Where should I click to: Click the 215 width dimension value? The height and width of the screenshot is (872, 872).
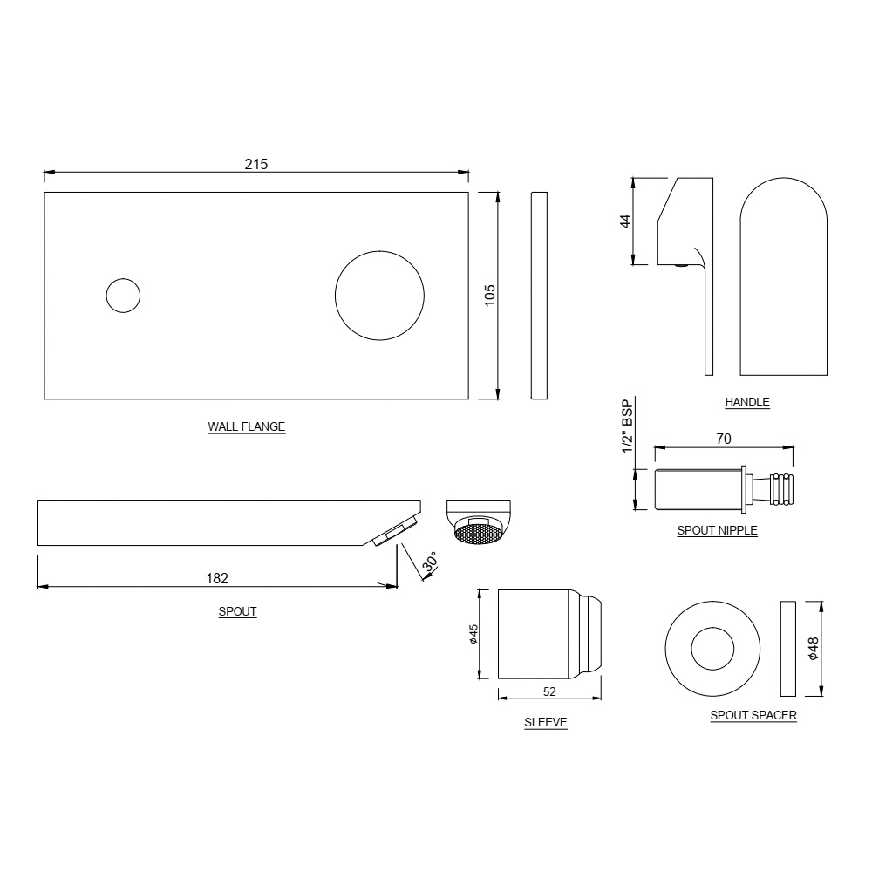coord(255,164)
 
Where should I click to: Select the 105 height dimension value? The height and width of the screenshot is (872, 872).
coord(489,296)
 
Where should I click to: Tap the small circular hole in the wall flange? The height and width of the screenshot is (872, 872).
coord(123,296)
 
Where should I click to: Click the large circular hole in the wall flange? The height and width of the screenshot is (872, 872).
coord(379,296)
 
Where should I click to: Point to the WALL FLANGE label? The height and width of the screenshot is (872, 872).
coord(246,427)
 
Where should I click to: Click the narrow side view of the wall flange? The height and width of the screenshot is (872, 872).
coord(539,296)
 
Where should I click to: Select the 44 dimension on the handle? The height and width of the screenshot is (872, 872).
coord(624,221)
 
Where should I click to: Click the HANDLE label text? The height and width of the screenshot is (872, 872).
coord(747,402)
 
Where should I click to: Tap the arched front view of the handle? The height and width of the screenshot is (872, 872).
coord(783,279)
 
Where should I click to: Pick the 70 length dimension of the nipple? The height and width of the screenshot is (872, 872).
coord(724,439)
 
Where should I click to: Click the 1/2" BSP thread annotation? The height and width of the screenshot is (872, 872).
coord(626,426)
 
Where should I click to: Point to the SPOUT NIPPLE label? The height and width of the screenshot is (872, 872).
coord(717,530)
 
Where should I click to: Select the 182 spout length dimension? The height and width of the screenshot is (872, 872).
coord(217,577)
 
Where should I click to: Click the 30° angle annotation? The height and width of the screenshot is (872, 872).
coord(429,564)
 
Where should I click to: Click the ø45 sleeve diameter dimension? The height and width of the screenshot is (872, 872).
coord(473,634)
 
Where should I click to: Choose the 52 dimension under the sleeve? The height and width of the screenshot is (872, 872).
coord(549,691)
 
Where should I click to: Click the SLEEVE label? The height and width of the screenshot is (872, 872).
coord(546,722)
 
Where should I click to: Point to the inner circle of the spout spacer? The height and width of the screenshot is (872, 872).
coord(712,648)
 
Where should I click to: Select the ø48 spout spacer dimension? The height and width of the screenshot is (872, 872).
coord(813,648)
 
